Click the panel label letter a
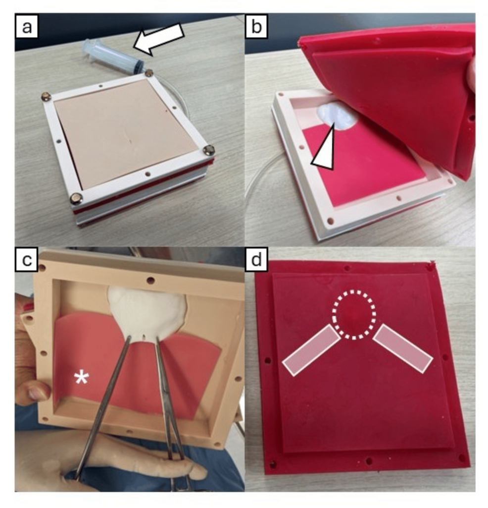tap(27, 27)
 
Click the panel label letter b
tap(256, 27)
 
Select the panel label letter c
tap(27, 259)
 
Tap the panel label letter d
tap(256, 260)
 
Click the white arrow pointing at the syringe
tap(158, 38)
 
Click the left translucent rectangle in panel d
tap(311, 350)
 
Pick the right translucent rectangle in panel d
tap(403, 348)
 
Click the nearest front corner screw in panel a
tap(76, 198)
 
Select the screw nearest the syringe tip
tap(149, 72)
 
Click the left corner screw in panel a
tap(47, 96)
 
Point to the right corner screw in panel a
tap(209, 150)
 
